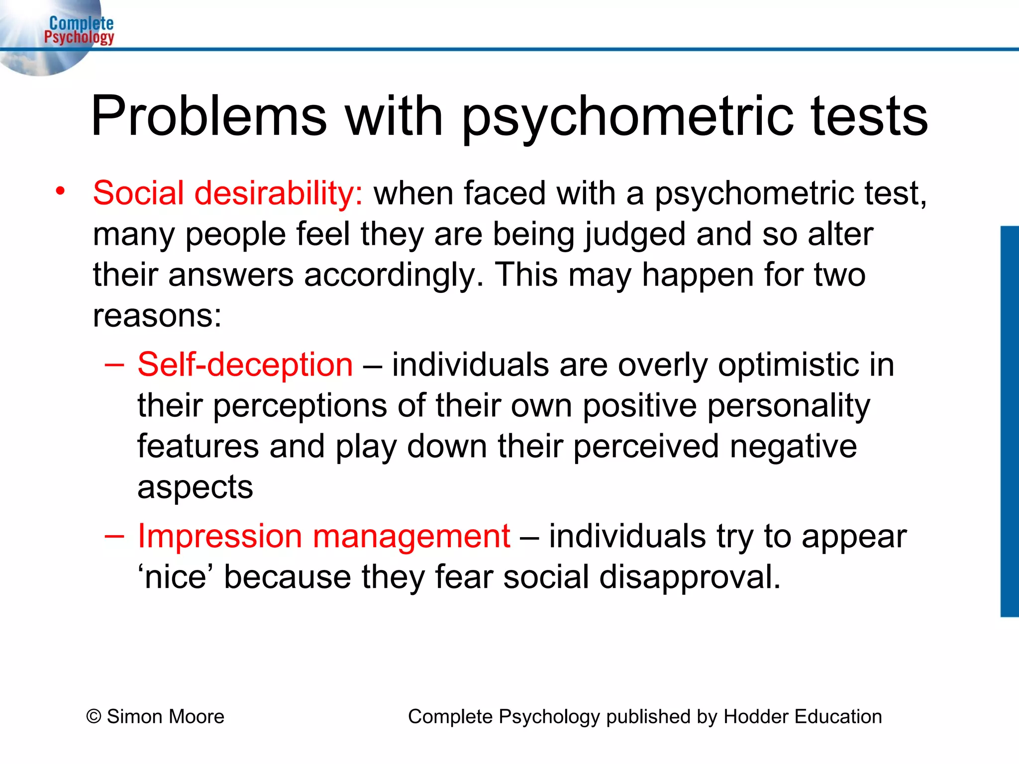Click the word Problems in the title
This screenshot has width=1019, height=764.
[x=209, y=116]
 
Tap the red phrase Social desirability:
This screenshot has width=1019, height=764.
[x=228, y=193]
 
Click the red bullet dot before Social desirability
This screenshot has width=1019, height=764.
[x=60, y=191]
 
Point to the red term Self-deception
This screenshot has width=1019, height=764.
[x=245, y=365]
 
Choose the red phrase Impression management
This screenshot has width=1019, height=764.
[x=324, y=536]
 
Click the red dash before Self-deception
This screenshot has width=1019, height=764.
[x=114, y=365]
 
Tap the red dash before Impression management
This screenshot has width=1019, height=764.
[x=114, y=536]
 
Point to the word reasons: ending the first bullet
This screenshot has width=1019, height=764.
[x=157, y=316]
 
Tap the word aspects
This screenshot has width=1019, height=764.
[x=195, y=487]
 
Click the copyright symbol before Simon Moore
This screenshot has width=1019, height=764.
[x=94, y=717]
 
